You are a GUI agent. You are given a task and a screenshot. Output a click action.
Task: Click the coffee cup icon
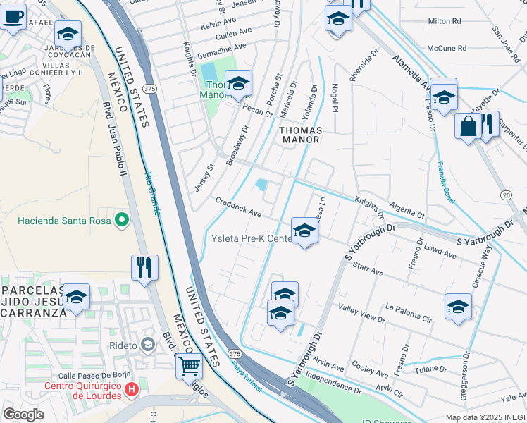click(x=12, y=17)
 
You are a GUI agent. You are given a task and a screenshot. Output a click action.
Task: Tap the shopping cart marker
click(x=188, y=365)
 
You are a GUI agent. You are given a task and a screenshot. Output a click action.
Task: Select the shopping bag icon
click(x=468, y=127)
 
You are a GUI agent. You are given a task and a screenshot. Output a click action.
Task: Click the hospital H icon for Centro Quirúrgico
click(x=131, y=389)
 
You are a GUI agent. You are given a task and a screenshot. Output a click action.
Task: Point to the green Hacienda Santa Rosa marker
click(x=122, y=221)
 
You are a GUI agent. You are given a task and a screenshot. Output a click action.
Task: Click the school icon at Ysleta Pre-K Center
click(x=304, y=231)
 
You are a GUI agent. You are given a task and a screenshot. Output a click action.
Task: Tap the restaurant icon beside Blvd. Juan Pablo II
click(x=144, y=267)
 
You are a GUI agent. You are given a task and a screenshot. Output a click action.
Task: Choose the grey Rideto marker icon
click(x=147, y=344)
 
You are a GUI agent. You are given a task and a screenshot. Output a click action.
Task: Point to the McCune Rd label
click(x=447, y=49)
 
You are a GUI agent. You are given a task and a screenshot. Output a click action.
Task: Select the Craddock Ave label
click(x=238, y=208)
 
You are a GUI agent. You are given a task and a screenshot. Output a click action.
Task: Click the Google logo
click(x=23, y=415)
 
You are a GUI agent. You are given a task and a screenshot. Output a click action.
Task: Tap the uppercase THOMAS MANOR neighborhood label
click(x=300, y=135)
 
